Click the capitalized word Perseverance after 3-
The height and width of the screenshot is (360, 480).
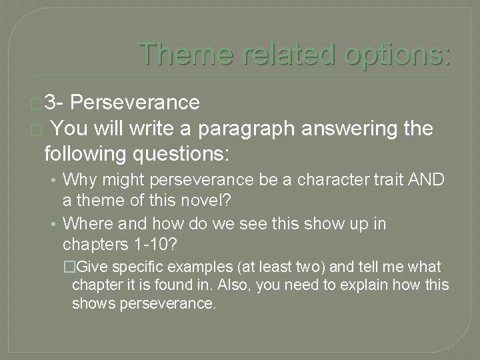[x=134, y=102]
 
